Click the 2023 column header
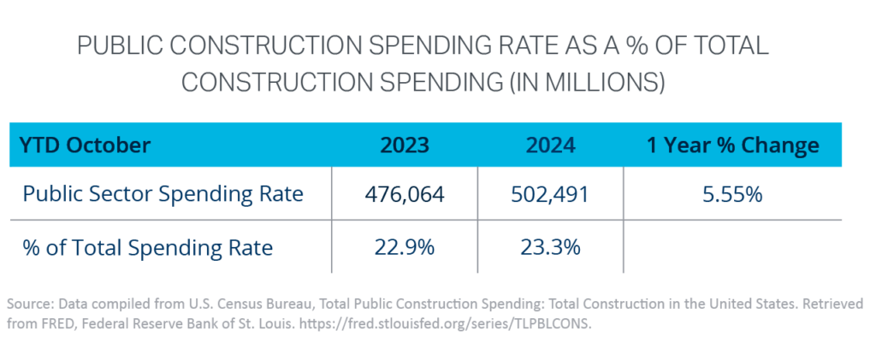(405, 145)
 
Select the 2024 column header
(550, 145)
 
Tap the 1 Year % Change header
(732, 145)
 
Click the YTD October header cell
(86, 145)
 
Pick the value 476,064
(405, 195)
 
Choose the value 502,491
(550, 195)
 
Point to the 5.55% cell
(732, 195)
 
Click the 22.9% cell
(405, 248)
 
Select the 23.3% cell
(550, 248)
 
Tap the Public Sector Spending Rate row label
(163, 195)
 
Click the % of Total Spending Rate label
(148, 248)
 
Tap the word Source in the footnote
(27, 304)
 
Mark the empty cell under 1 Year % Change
(732, 248)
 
